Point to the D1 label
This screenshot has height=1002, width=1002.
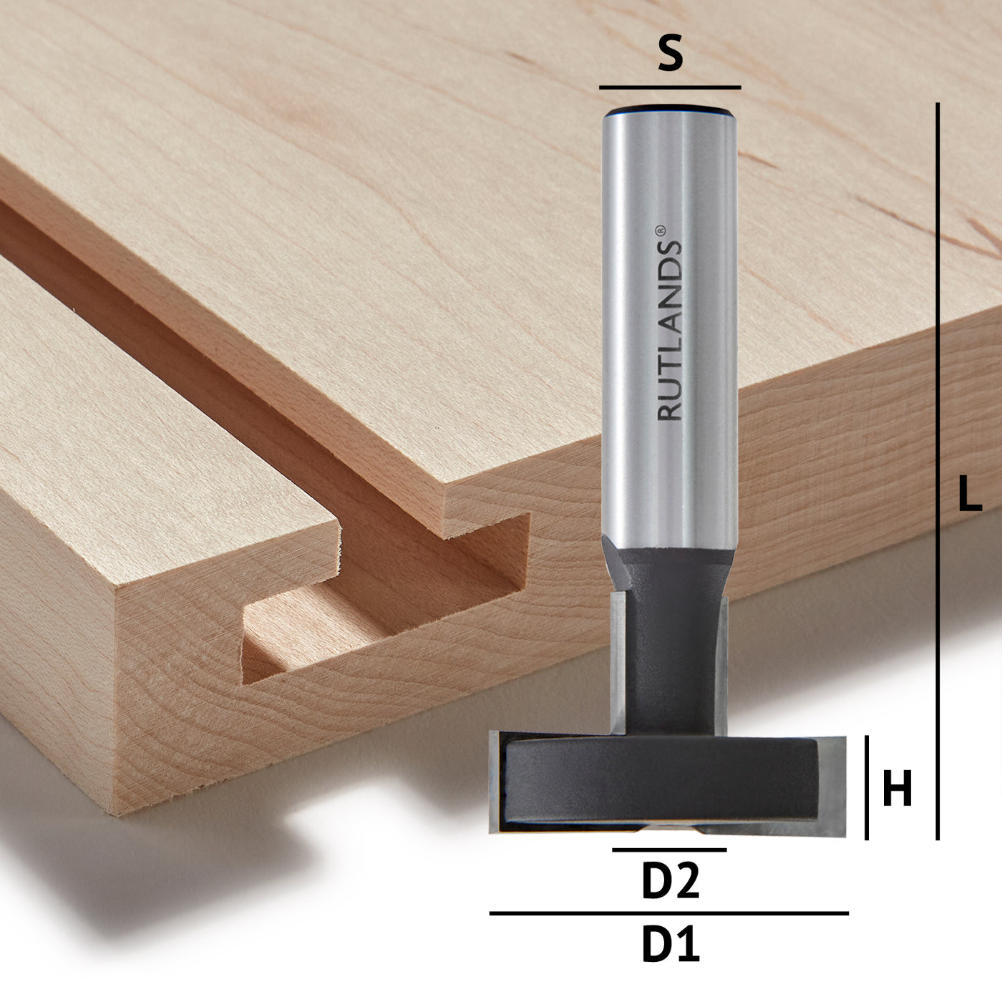coord(670,945)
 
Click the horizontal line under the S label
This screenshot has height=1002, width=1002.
coord(670,87)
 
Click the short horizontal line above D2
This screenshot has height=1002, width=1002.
coord(669,850)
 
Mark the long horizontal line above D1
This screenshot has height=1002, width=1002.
coord(668,913)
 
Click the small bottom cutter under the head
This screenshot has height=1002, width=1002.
coord(669,829)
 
